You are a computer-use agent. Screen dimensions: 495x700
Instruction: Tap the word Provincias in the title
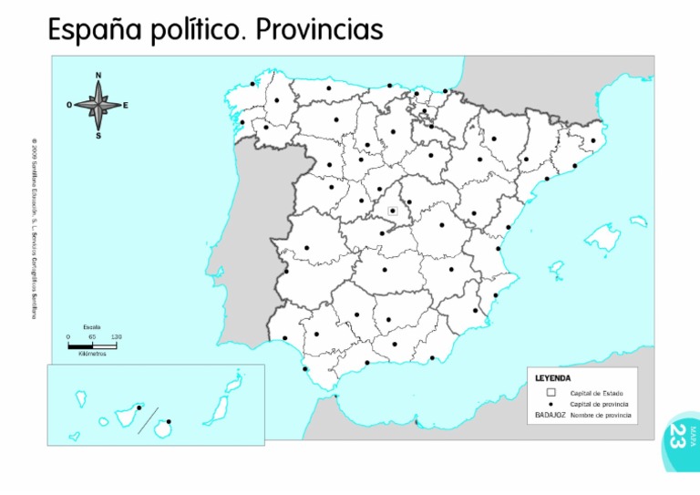coord(319,30)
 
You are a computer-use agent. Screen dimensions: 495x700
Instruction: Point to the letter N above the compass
coord(98,76)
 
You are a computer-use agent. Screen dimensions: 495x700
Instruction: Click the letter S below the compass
coord(98,136)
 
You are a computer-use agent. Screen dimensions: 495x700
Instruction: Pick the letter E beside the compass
coord(126,105)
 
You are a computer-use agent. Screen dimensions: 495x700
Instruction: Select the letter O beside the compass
coord(69,105)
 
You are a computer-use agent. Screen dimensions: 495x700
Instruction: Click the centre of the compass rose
coord(98,105)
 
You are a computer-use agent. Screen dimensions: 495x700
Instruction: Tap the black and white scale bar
coord(92,345)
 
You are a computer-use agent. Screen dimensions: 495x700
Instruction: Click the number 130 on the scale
coord(116,337)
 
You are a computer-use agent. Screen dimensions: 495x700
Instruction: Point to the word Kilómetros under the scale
coord(92,354)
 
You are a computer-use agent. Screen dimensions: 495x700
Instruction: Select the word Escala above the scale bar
coord(92,326)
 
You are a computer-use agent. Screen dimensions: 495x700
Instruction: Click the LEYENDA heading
coord(552,377)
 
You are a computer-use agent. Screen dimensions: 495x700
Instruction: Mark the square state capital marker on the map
coord(392,211)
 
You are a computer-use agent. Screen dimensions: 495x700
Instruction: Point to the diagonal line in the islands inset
coord(148,420)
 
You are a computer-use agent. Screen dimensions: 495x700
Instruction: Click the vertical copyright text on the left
coord(35,228)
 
